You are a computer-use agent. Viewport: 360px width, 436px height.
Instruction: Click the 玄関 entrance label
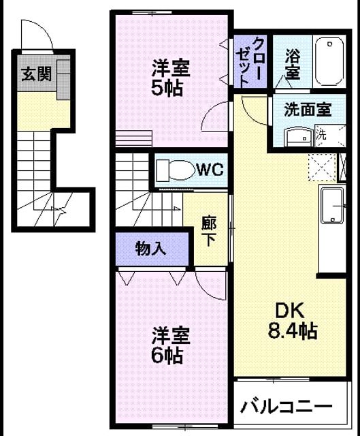(x=37, y=74)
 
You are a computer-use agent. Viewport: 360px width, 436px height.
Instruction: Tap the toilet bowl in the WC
(x=176, y=170)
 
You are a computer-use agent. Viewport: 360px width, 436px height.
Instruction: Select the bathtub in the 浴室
(x=330, y=62)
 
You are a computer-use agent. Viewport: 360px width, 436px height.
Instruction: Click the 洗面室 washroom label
(x=308, y=109)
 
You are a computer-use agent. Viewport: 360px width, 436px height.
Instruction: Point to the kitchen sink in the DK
(x=333, y=206)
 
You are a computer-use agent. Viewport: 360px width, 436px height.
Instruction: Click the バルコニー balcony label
(x=286, y=407)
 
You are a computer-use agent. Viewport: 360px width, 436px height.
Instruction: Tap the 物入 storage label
(x=151, y=248)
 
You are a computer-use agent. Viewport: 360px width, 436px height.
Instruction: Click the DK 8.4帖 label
(x=293, y=321)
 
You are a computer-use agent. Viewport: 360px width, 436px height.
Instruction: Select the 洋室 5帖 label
(x=171, y=78)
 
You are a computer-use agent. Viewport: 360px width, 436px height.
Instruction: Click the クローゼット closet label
(x=250, y=62)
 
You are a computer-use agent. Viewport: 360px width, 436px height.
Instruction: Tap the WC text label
(x=210, y=169)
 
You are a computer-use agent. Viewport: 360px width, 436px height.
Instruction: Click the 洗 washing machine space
(x=331, y=136)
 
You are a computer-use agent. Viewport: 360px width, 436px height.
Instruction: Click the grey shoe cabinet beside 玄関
(x=63, y=80)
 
